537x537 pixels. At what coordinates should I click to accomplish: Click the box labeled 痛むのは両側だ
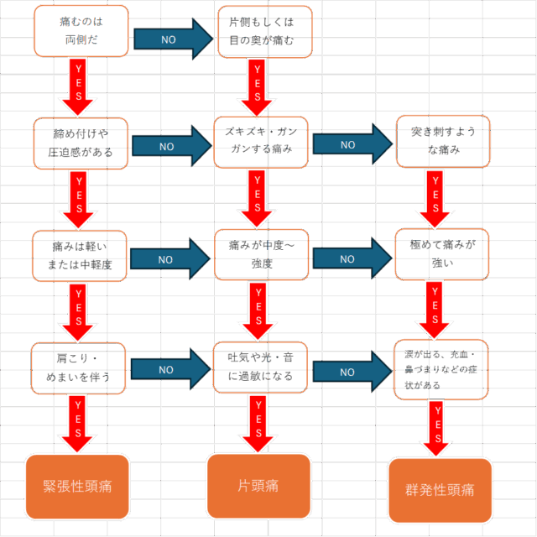pyautogui.click(x=81, y=31)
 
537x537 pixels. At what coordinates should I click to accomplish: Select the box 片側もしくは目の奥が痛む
pyautogui.click(x=265, y=32)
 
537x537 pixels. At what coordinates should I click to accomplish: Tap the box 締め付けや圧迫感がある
pyautogui.click(x=81, y=143)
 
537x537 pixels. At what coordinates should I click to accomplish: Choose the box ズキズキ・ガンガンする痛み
pyautogui.click(x=261, y=142)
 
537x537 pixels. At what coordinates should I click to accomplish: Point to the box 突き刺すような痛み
pyautogui.click(x=443, y=142)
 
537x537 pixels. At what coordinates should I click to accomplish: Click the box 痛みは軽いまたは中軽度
pyautogui.click(x=80, y=256)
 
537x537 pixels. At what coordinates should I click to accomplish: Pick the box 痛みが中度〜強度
pyautogui.click(x=261, y=255)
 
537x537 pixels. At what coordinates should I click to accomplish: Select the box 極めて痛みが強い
pyautogui.click(x=442, y=254)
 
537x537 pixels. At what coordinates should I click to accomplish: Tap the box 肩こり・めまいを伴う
pyautogui.click(x=78, y=368)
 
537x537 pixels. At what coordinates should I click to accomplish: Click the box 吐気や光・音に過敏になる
pyautogui.click(x=260, y=368)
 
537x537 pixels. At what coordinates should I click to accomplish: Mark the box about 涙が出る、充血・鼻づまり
pyautogui.click(x=441, y=369)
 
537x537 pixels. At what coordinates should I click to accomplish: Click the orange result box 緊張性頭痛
pyautogui.click(x=77, y=487)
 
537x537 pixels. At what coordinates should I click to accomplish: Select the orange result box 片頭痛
pyautogui.click(x=258, y=486)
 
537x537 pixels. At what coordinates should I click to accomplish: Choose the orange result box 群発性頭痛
pyautogui.click(x=440, y=490)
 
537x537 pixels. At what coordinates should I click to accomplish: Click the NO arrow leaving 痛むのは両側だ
pyautogui.click(x=174, y=39)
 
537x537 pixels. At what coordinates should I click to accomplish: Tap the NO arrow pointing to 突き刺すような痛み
pyautogui.click(x=352, y=144)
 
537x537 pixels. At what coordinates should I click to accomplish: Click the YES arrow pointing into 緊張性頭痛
pyautogui.click(x=77, y=424)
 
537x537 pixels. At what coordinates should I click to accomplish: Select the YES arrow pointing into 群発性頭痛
pyautogui.click(x=437, y=429)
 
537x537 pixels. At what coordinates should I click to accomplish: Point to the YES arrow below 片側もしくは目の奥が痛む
pyautogui.click(x=257, y=87)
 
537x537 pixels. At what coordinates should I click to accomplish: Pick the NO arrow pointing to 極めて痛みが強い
pyautogui.click(x=352, y=258)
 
